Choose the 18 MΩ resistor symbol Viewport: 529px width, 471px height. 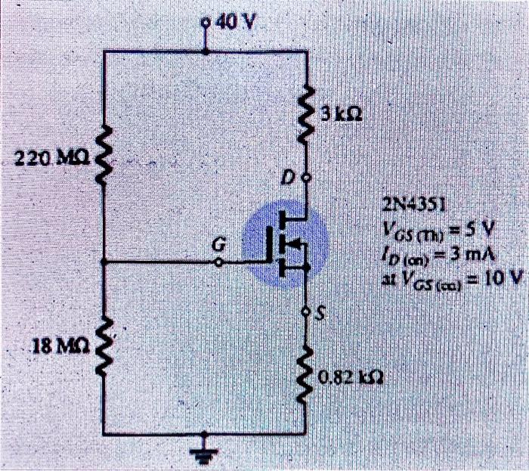(x=104, y=347)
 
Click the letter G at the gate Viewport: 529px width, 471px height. (x=219, y=245)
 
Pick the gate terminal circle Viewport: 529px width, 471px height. (x=219, y=262)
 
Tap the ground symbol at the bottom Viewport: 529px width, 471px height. (x=205, y=452)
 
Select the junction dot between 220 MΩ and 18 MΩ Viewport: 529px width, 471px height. (x=104, y=262)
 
